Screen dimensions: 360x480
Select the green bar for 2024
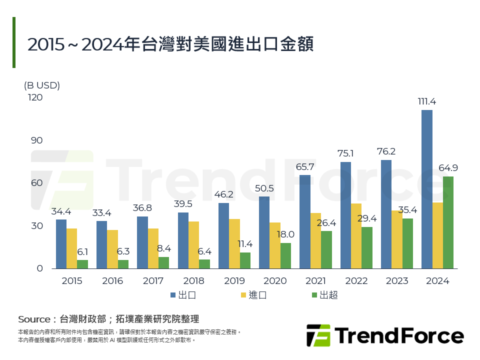coord(448,222)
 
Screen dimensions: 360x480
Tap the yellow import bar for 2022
coord(356,236)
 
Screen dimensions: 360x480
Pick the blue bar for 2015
coord(61,244)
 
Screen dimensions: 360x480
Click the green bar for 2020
coord(285,255)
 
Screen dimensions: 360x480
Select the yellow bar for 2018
coord(193,245)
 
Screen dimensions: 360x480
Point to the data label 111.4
coord(426,101)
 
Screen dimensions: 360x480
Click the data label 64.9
coord(448,168)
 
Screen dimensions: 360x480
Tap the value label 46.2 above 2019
coord(223,194)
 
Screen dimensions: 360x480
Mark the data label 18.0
coord(285,234)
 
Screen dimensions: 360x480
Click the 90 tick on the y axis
coord(37,140)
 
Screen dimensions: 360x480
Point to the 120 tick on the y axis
coord(35,97)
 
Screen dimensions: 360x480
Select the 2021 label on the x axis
coord(315,281)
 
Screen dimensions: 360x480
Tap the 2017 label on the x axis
coord(153,281)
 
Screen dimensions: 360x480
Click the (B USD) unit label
coord(42,85)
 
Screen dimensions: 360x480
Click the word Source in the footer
coord(34,319)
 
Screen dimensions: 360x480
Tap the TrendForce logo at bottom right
coord(385,335)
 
